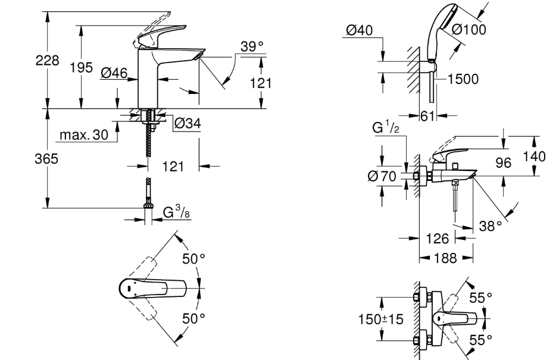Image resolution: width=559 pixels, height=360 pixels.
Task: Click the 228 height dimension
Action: (x=48, y=61)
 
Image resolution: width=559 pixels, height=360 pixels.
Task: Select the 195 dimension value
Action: (x=82, y=68)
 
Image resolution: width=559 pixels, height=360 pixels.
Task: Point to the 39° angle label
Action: (x=252, y=46)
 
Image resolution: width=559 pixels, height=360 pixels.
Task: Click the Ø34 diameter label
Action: (x=188, y=123)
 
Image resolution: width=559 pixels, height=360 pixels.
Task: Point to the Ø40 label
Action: (x=360, y=29)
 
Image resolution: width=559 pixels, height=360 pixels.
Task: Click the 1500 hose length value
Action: (x=463, y=79)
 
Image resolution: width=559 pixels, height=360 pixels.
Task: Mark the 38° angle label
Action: (x=490, y=226)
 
